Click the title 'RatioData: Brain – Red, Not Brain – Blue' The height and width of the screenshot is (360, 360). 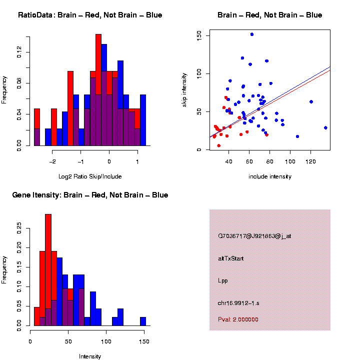click(90, 15)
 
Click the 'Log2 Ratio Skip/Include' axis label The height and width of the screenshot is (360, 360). click(90, 176)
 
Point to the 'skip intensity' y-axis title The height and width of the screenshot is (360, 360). click(184, 89)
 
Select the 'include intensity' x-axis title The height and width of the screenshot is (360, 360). click(270, 176)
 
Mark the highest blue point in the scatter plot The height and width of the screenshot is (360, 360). click(252, 34)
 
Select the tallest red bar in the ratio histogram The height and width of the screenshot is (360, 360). click(98, 90)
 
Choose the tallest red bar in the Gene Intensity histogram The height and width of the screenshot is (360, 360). click(48, 270)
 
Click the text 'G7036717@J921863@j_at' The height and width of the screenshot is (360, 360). click(254, 236)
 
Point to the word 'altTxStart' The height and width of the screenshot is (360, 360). click(231, 258)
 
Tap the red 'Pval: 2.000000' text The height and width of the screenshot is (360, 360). click(238, 319)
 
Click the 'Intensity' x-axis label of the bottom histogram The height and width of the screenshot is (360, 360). click(90, 356)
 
